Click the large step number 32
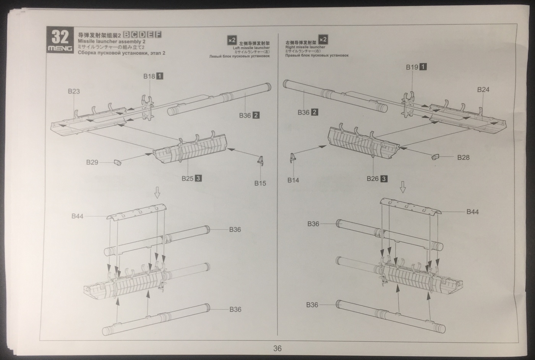(60, 37)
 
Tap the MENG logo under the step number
(60, 49)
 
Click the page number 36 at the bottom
(277, 348)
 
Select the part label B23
(74, 91)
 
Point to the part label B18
(149, 76)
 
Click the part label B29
(92, 162)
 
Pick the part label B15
(260, 183)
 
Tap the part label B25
(188, 178)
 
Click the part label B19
(412, 67)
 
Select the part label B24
(483, 90)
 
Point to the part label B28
(463, 157)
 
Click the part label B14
(293, 180)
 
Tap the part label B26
(373, 178)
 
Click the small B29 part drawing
(117, 163)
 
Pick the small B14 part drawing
(293, 157)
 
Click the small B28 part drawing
(436, 156)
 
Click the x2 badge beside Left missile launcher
(232, 40)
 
